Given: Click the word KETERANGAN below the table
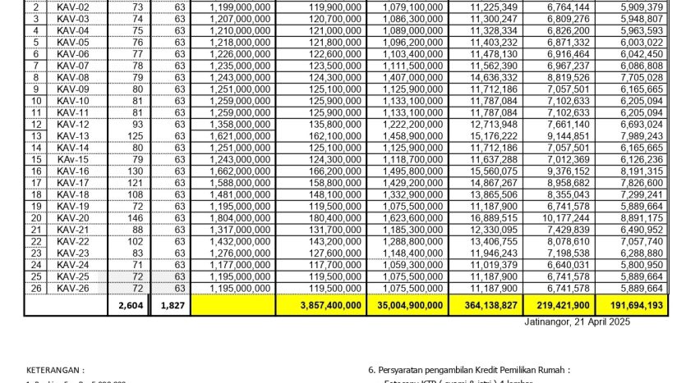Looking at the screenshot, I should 56,371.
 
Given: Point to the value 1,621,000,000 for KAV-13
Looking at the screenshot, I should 240,136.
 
